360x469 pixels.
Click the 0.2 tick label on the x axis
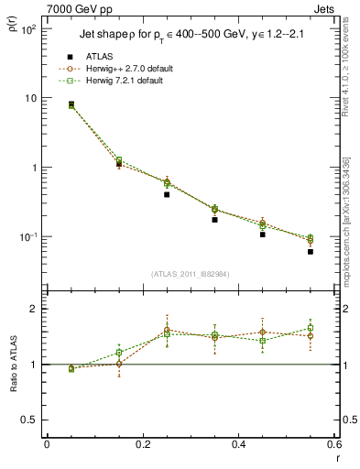142,445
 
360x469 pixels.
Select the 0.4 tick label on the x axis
238,445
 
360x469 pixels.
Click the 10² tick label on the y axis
27,29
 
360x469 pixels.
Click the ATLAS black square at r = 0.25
167,194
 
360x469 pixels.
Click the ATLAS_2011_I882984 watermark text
191,274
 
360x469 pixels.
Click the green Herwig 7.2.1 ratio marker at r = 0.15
119,352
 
